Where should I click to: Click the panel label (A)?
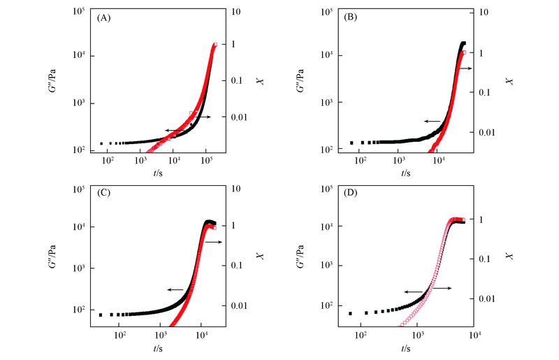[x=105, y=19]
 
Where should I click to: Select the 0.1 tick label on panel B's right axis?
[x=485, y=92]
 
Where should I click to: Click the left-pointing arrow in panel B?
[x=431, y=121]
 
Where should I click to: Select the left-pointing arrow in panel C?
[x=175, y=289]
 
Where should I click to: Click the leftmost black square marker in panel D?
[x=351, y=313]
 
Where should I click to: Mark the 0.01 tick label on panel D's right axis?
[x=485, y=298]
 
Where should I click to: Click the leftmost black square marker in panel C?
[x=101, y=315]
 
